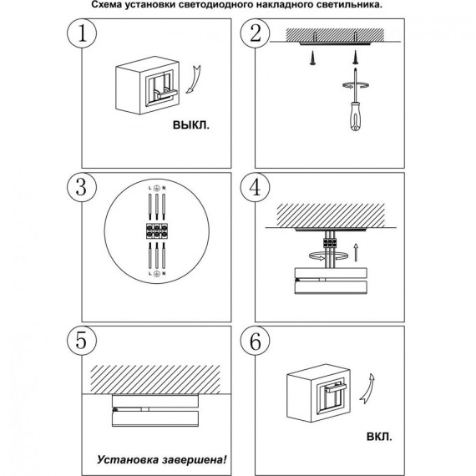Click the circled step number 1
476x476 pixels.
(x=82, y=33)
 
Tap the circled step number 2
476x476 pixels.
(x=256, y=33)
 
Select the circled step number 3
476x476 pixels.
(x=82, y=187)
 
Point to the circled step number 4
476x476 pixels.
(x=256, y=187)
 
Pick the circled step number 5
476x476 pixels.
(x=82, y=341)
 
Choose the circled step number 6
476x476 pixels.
(x=256, y=341)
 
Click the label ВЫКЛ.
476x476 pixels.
(x=191, y=124)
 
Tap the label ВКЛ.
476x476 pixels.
(x=379, y=437)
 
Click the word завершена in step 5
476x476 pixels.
(x=195, y=460)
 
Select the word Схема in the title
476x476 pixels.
(x=106, y=4)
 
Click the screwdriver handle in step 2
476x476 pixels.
(x=356, y=116)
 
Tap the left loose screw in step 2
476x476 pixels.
(x=312, y=58)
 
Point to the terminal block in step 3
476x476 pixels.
(x=157, y=231)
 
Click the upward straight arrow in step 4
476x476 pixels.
(x=356, y=251)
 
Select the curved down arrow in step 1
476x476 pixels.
(x=194, y=79)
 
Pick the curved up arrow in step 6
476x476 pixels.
(x=367, y=388)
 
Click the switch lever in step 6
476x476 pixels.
(x=336, y=387)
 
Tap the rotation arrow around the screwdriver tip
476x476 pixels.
(x=355, y=85)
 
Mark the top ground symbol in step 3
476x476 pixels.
(x=157, y=188)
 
